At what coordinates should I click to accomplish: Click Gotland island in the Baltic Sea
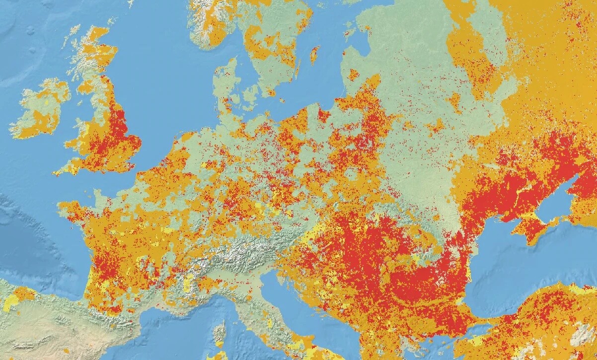tap(314, 55)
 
